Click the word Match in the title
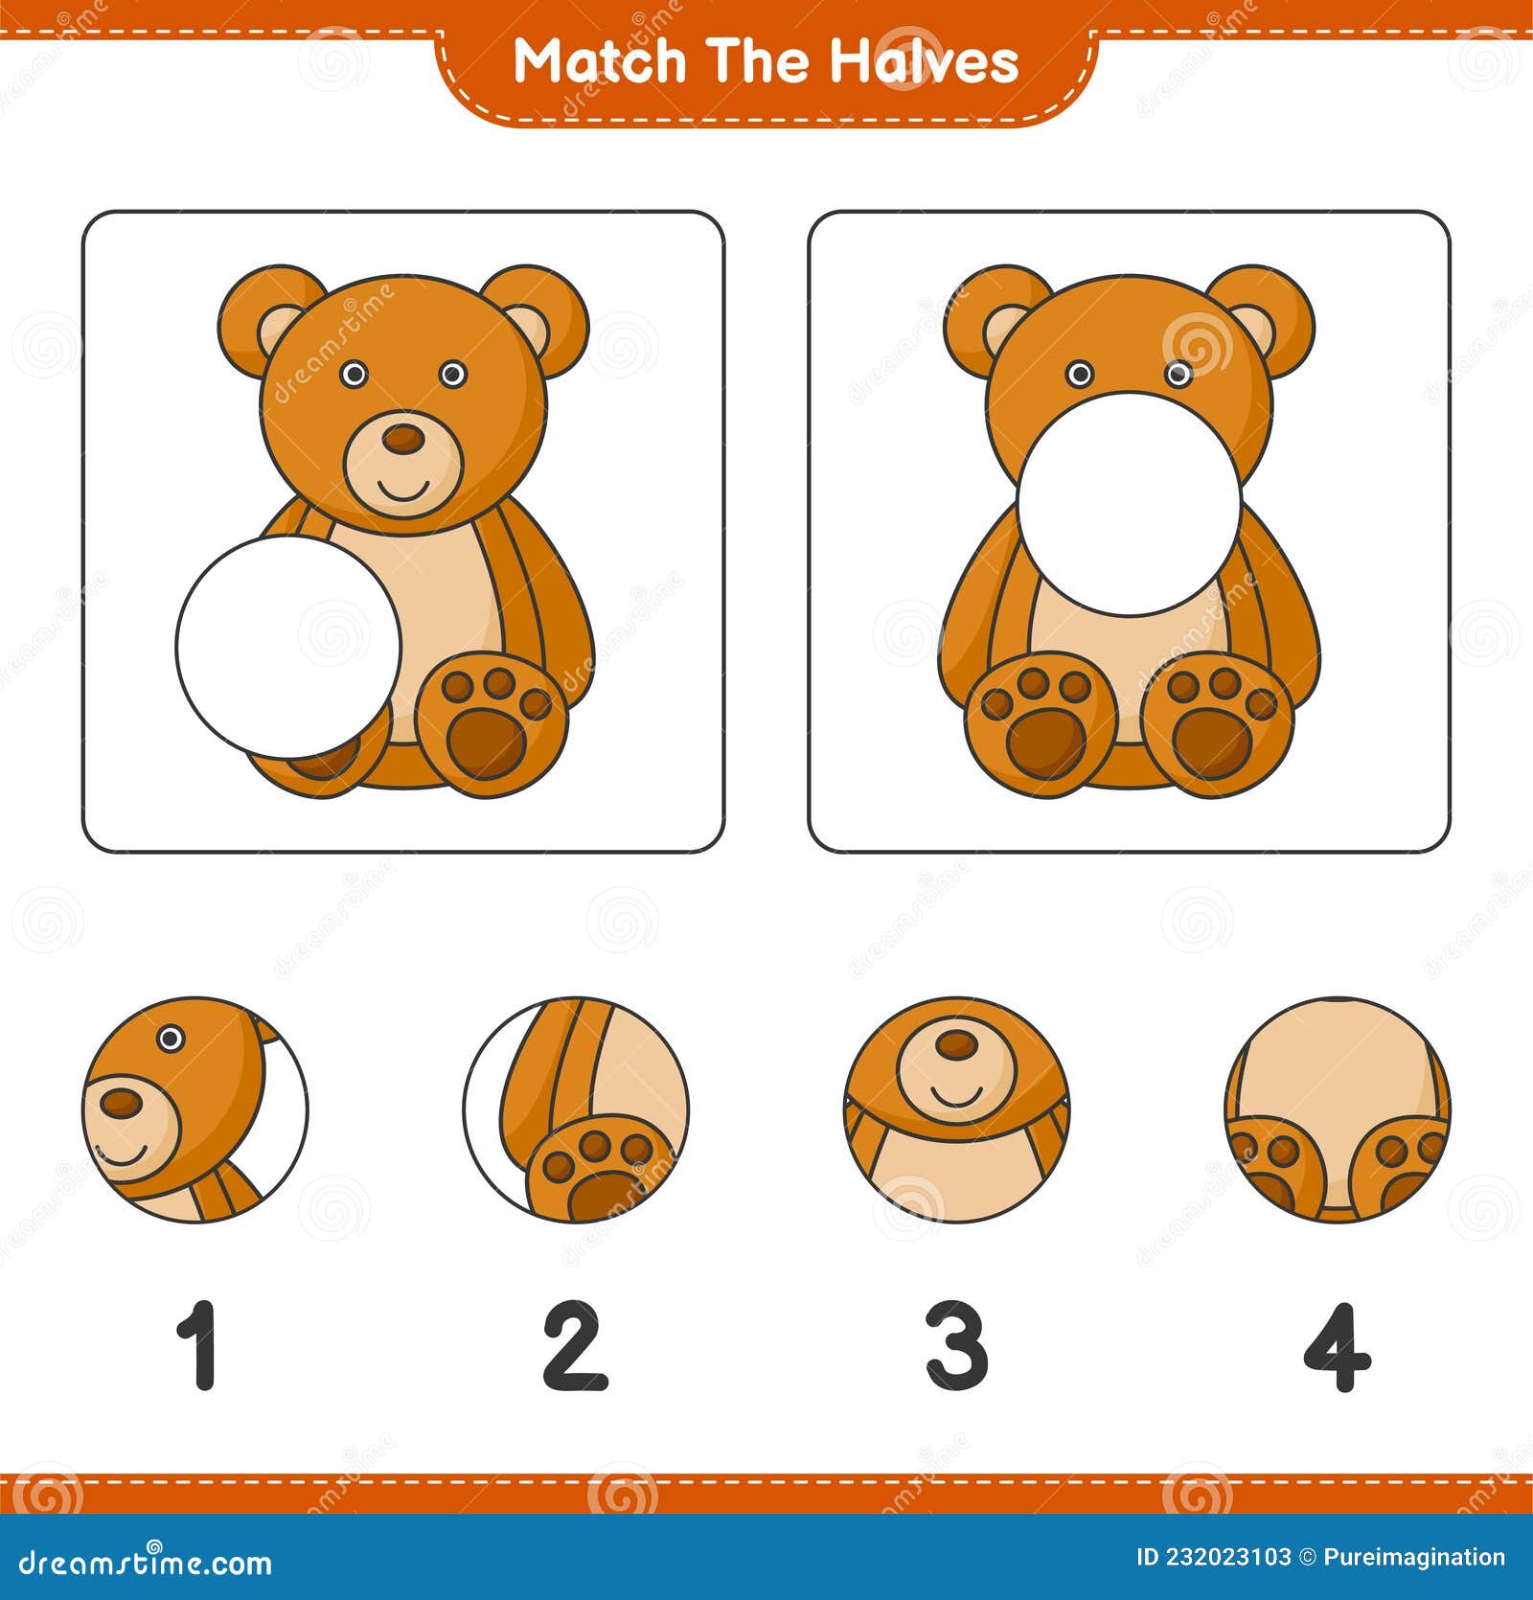pos(600,61)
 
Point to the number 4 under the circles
pos(1338,1346)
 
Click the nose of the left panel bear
pos(402,440)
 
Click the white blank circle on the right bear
pos(1130,503)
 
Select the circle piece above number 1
pos(195,1109)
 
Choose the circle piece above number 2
pos(576,1109)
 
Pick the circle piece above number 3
pos(957,1109)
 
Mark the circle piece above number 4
pos(1338,1109)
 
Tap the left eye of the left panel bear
pos(354,374)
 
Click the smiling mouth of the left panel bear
pos(403,489)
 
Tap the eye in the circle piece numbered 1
pos(171,1038)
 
